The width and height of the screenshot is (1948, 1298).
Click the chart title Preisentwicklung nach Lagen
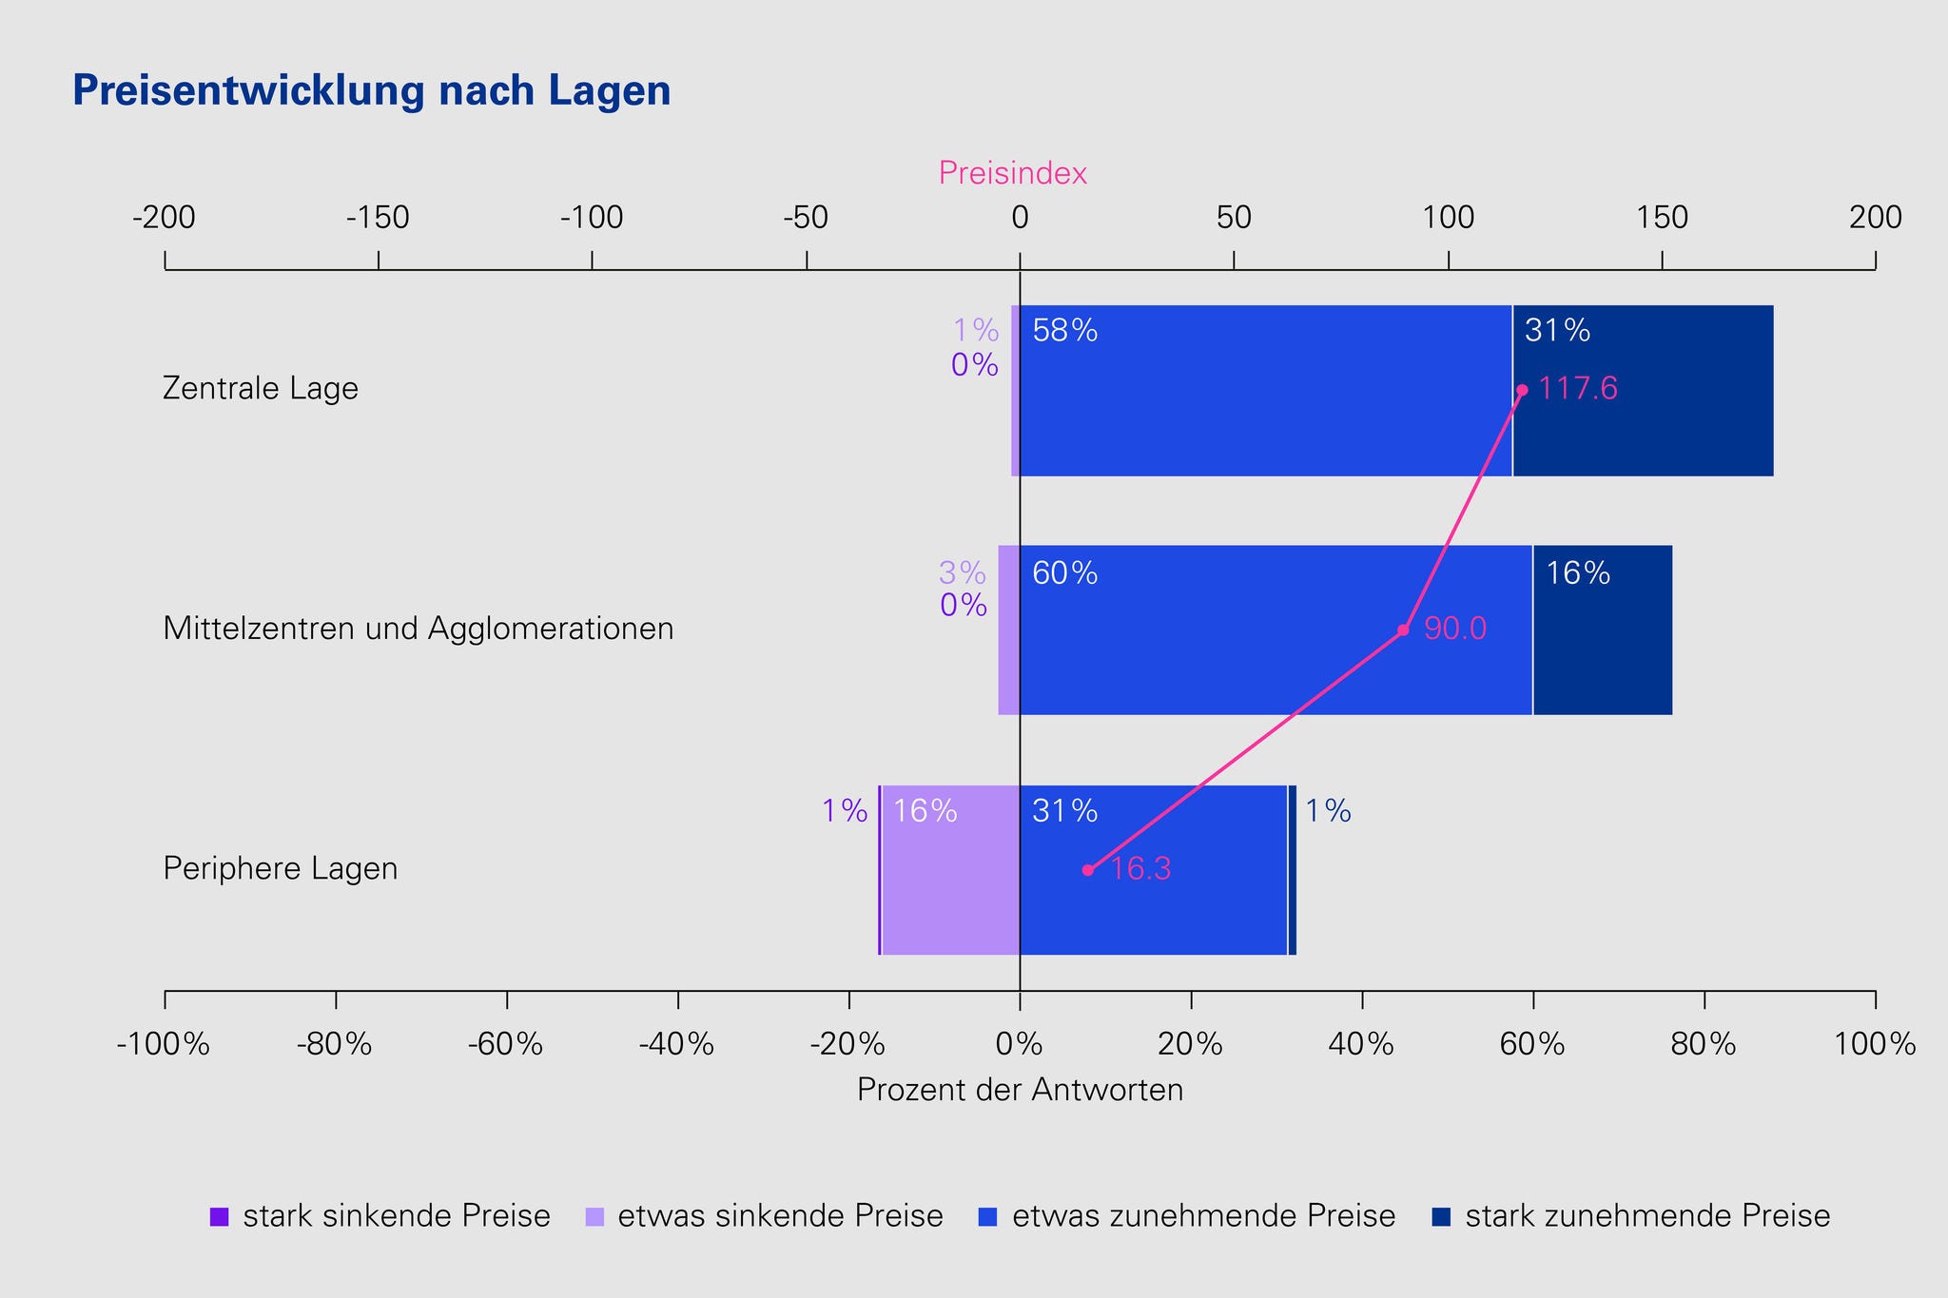(x=372, y=91)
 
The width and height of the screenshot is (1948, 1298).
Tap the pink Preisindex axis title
(x=1012, y=173)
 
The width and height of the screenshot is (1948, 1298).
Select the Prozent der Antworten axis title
(x=1020, y=1090)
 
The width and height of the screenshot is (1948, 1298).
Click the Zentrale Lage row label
(x=261, y=389)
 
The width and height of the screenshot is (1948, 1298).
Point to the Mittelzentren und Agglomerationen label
(x=419, y=629)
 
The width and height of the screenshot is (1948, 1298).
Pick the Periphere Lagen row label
(x=281, y=869)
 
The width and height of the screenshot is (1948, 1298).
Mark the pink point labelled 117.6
(x=1522, y=390)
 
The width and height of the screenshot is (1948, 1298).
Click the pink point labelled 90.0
(x=1403, y=630)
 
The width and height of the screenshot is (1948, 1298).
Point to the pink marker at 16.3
(x=1088, y=870)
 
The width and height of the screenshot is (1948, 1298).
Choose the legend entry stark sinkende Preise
(x=380, y=1216)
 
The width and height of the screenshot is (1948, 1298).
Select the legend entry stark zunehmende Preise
(x=1632, y=1216)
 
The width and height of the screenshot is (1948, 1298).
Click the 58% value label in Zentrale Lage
(x=1064, y=332)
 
